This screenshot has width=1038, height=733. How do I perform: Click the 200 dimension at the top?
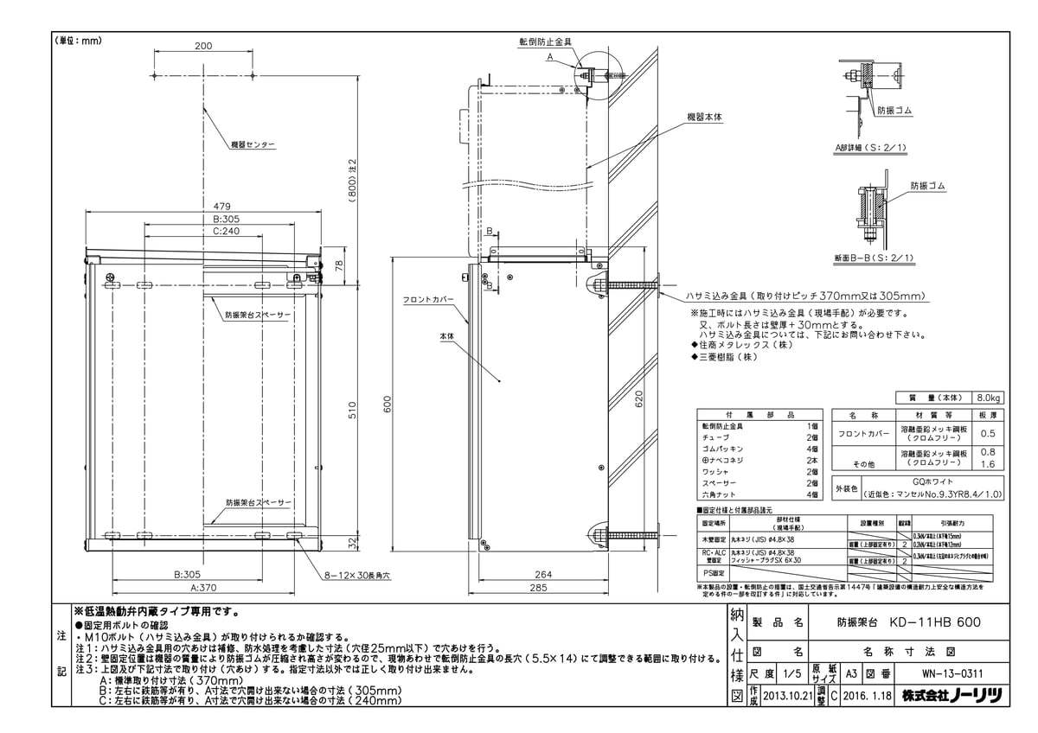[203, 46]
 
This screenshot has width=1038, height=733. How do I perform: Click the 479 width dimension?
[203, 206]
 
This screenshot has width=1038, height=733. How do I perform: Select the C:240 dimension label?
[203, 232]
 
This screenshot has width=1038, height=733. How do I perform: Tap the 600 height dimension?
[388, 404]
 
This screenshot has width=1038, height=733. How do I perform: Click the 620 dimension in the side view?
[639, 400]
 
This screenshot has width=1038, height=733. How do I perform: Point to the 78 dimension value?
[349, 263]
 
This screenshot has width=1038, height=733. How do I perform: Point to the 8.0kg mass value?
[987, 398]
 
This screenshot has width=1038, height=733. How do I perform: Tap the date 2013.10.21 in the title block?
[790, 694]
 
